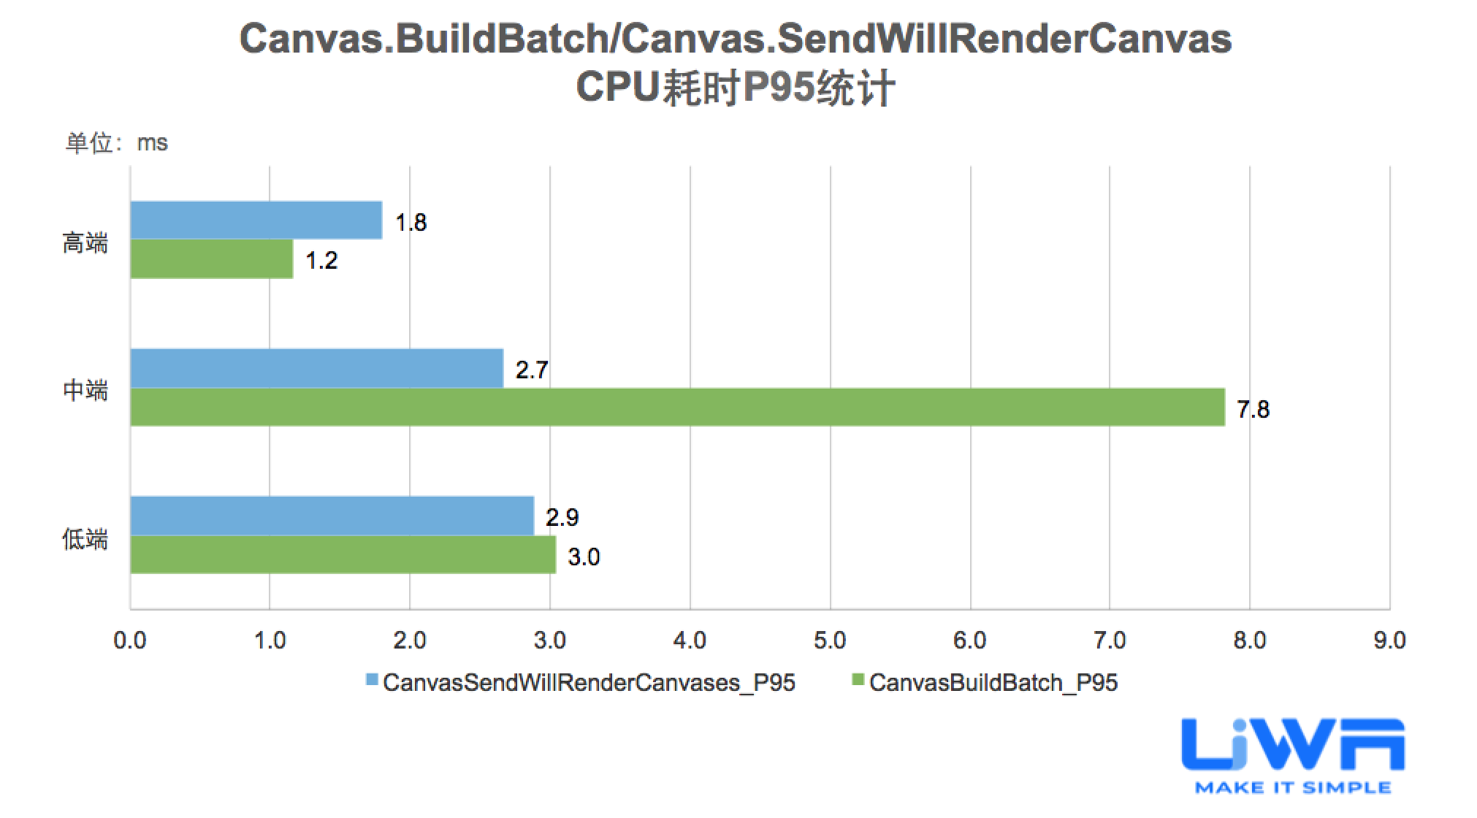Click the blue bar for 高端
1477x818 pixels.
tap(256, 220)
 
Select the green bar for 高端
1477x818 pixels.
tap(212, 259)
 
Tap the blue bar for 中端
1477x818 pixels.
tap(316, 368)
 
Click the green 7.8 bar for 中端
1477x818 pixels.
tap(677, 407)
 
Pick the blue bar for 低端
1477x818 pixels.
tap(332, 516)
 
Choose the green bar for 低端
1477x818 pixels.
tap(343, 555)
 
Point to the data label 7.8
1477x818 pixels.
tap(1253, 409)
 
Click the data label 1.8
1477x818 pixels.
tap(411, 222)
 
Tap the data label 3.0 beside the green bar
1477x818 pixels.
tap(584, 557)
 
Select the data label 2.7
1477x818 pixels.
tap(531, 370)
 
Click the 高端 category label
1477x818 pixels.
tap(85, 242)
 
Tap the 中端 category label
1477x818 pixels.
tap(85, 391)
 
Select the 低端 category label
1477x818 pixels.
tap(85, 540)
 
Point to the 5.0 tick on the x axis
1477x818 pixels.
tap(830, 641)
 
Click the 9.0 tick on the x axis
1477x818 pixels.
tap(1389, 641)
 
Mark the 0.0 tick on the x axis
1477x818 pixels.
tap(130, 641)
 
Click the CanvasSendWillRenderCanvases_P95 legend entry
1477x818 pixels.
tap(581, 682)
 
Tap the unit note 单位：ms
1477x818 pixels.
tap(117, 142)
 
